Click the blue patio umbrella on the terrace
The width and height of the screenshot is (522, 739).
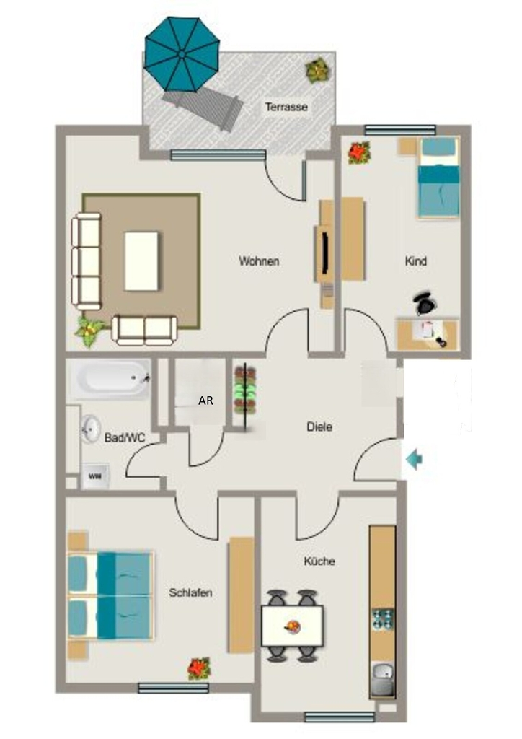pyautogui.click(x=182, y=54)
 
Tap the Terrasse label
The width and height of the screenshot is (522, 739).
pyautogui.click(x=286, y=107)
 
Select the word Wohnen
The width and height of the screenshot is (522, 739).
pyautogui.click(x=259, y=261)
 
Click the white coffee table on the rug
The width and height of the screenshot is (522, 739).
pyautogui.click(x=141, y=261)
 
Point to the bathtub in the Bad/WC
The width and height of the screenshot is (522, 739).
pyautogui.click(x=111, y=379)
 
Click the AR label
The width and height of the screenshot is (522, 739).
pyautogui.click(x=205, y=400)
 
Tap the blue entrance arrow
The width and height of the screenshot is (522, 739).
pyautogui.click(x=414, y=459)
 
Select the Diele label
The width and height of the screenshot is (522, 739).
pyautogui.click(x=319, y=427)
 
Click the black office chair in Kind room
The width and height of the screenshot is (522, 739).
pyautogui.click(x=426, y=304)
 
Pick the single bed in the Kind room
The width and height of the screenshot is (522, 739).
pyautogui.click(x=438, y=178)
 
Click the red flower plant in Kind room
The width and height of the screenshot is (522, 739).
pyautogui.click(x=359, y=153)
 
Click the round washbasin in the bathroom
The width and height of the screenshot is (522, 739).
pyautogui.click(x=90, y=429)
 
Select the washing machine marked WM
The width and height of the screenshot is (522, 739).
pyautogui.click(x=96, y=476)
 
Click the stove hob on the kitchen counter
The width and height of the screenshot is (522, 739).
pyautogui.click(x=383, y=619)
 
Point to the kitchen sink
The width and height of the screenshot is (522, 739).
pyautogui.click(x=383, y=679)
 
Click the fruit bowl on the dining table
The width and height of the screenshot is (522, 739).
pyautogui.click(x=292, y=626)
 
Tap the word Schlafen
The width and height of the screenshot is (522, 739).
pyautogui.click(x=190, y=593)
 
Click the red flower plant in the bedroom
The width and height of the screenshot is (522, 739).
pyautogui.click(x=198, y=668)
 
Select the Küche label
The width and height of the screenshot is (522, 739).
pyautogui.click(x=319, y=561)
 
